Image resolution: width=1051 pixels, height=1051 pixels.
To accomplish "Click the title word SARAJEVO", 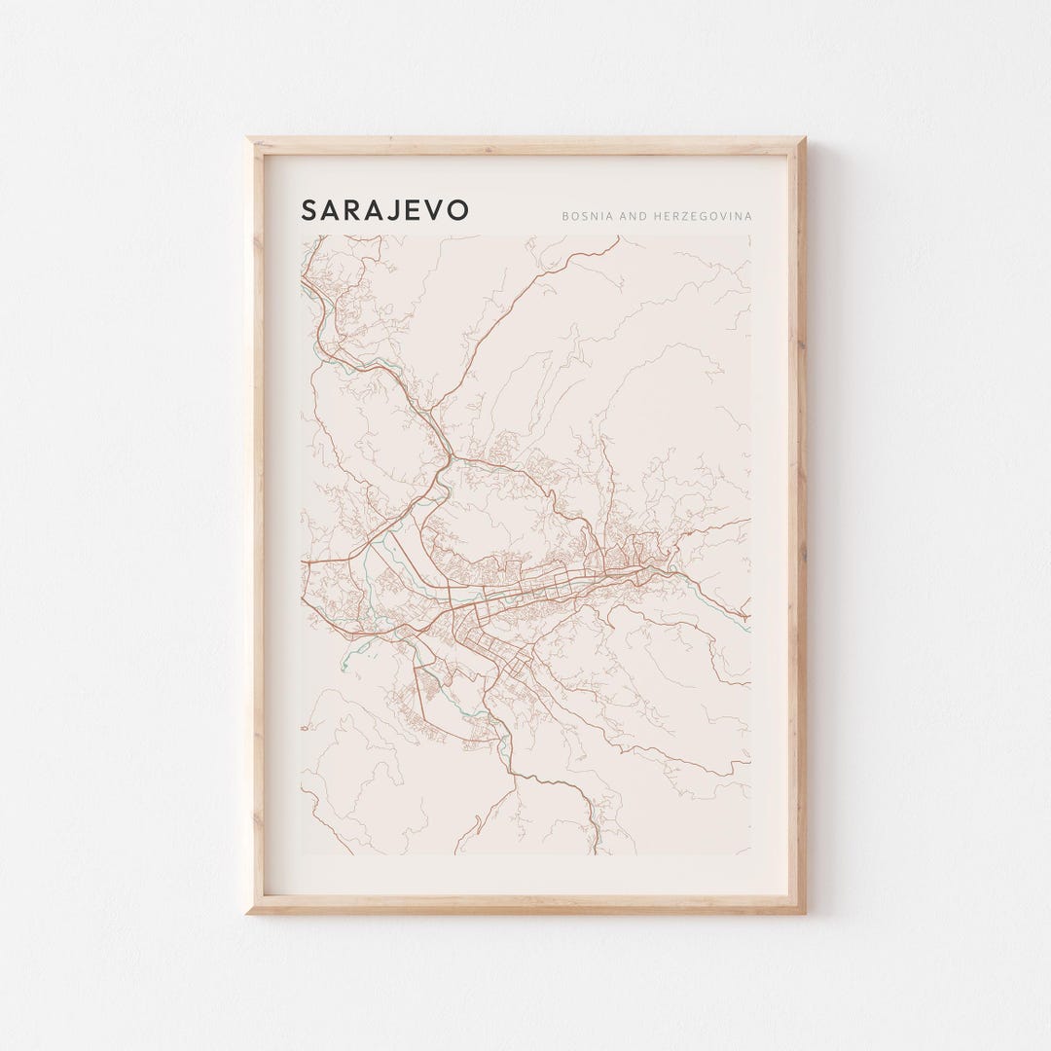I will pyautogui.click(x=384, y=210).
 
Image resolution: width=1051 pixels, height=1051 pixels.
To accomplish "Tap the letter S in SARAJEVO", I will pyautogui.click(x=308, y=210).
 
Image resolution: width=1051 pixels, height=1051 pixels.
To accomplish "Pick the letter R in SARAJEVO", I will pyautogui.click(x=354, y=210).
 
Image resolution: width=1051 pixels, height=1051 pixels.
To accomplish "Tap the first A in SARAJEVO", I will pyautogui.click(x=331, y=210).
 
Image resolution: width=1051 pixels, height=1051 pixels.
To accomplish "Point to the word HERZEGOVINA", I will pyautogui.click(x=704, y=215).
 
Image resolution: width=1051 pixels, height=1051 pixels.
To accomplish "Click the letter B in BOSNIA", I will pyautogui.click(x=564, y=215).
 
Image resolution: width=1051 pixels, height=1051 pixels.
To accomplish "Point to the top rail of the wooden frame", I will pyautogui.click(x=525, y=146).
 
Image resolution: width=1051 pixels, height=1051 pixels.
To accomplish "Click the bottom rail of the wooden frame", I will pyautogui.click(x=525, y=904).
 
